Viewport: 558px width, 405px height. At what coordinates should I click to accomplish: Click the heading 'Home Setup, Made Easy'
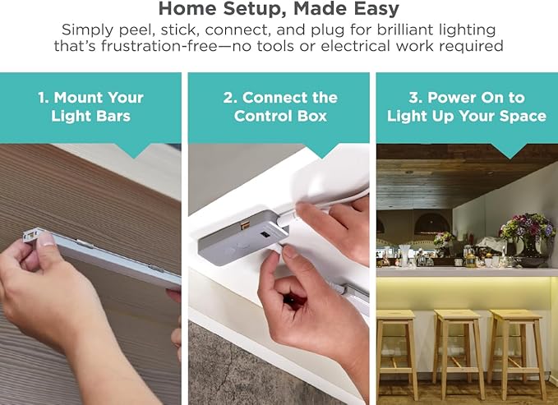pos(279,11)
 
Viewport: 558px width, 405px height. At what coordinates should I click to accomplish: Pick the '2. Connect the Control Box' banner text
pos(280,107)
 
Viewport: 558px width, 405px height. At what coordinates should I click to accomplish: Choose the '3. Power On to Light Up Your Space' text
pos(467,107)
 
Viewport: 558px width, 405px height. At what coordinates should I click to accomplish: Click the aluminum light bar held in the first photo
pos(107,259)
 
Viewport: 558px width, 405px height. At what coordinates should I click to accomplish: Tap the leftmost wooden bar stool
pos(398,349)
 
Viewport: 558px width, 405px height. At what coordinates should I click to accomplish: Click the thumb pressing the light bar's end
pos(45,241)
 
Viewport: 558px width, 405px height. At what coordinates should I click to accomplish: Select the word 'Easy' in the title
pos(377,11)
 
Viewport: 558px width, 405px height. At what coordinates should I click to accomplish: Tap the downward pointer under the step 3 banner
pos(510,150)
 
